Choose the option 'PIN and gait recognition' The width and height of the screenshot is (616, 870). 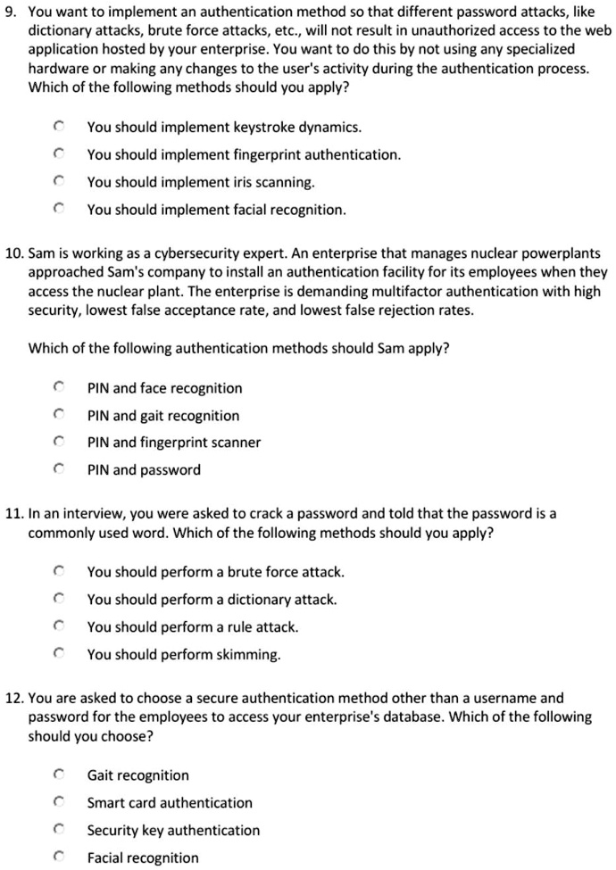162,416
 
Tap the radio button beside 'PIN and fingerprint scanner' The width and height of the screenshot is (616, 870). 58,443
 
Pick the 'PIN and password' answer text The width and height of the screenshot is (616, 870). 143,470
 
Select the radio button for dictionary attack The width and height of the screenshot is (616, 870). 58,600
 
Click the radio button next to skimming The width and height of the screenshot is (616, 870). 58,654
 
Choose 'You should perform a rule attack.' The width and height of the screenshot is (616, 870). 192,627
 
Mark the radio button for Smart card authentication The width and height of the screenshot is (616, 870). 58,803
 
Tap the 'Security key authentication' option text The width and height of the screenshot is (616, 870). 173,831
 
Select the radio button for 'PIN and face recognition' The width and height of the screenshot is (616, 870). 58,388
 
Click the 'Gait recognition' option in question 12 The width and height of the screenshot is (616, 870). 137,775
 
